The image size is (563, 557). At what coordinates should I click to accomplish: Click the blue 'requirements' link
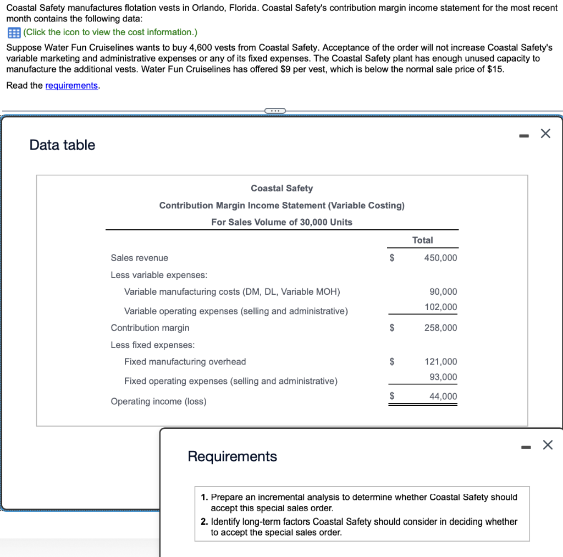71,86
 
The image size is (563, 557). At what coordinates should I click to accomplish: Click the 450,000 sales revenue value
440,258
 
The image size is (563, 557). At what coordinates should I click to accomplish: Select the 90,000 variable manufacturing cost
443,292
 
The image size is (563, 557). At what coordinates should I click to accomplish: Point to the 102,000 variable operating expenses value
441,307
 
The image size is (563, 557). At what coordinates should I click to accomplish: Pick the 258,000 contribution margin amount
440,328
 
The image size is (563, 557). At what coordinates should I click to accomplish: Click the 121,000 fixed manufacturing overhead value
440,362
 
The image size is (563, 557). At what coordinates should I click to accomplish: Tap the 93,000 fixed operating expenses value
443,377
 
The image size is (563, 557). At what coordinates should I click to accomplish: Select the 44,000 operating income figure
443,396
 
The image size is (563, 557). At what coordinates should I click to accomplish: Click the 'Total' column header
422,240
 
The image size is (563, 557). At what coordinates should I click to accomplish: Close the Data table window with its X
545,134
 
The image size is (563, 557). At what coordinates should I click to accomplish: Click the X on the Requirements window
547,445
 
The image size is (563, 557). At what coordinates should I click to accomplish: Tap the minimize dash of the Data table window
525,134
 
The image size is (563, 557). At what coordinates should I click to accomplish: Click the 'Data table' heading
62,145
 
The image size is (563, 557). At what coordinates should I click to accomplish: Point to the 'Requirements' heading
232,456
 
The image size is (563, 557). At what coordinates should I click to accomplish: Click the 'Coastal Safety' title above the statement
281,188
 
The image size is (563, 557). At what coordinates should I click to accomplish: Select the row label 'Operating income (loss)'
158,401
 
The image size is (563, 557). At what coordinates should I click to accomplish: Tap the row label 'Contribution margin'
150,328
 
